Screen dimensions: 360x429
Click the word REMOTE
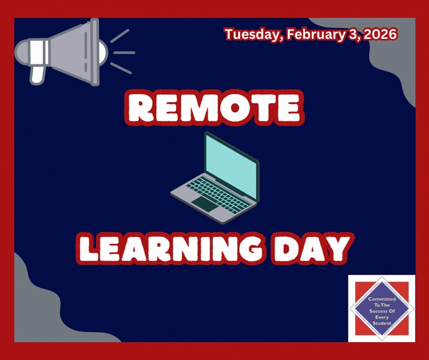click(x=214, y=107)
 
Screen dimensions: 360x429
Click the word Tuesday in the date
click(x=253, y=34)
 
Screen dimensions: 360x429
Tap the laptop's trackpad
click(x=204, y=203)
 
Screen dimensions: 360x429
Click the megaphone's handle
click(x=37, y=73)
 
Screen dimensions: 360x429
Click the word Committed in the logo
click(x=382, y=299)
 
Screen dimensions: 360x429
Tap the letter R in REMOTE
click(x=141, y=107)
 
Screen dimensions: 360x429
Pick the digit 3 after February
click(x=350, y=34)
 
